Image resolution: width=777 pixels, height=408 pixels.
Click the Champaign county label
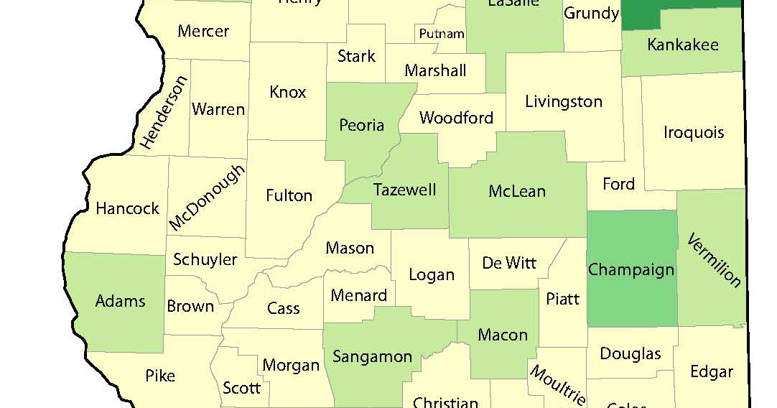pyautogui.click(x=631, y=270)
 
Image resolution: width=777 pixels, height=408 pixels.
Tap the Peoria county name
pyautogui.click(x=361, y=125)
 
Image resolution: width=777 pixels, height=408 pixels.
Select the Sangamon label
pyautogui.click(x=372, y=356)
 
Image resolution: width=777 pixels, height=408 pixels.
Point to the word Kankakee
pyautogui.click(x=682, y=45)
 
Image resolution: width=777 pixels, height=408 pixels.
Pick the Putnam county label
pyautogui.click(x=442, y=34)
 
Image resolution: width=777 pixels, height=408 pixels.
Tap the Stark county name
pyautogui.click(x=356, y=55)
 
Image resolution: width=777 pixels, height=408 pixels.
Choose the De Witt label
pyautogui.click(x=509, y=262)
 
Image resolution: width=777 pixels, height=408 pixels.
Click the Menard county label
pyautogui.click(x=358, y=295)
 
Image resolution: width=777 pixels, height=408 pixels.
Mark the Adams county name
pyautogui.click(x=121, y=300)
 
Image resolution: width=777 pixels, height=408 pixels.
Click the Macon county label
pyautogui.click(x=503, y=335)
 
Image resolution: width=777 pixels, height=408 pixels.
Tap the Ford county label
pyautogui.click(x=618, y=184)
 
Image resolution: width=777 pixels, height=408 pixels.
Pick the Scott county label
pyautogui.click(x=241, y=388)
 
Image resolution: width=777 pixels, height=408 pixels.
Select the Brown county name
pyautogui.click(x=190, y=306)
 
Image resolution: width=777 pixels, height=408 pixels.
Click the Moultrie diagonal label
pyautogui.click(x=557, y=385)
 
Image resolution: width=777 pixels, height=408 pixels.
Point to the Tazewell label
pyautogui.click(x=404, y=190)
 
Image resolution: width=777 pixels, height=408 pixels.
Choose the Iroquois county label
pyautogui.click(x=694, y=132)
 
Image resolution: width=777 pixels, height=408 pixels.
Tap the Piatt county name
pyautogui.click(x=562, y=298)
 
